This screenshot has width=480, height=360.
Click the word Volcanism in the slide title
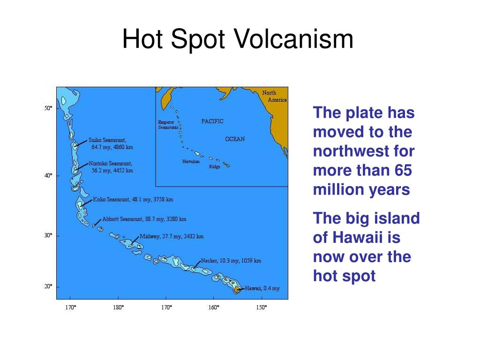pyautogui.click(x=293, y=39)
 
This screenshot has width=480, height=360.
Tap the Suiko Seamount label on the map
pyautogui.click(x=111, y=143)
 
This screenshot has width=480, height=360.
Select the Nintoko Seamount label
pyautogui.click(x=111, y=167)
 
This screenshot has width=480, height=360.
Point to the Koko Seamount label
pyautogui.click(x=133, y=199)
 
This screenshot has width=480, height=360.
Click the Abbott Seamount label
pyautogui.click(x=144, y=219)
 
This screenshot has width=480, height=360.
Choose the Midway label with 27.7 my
pyautogui.click(x=172, y=236)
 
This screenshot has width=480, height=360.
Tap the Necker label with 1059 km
pyautogui.click(x=231, y=261)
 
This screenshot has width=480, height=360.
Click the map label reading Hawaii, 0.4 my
pyautogui.click(x=262, y=288)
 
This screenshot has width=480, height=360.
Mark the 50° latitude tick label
pyautogui.click(x=48, y=108)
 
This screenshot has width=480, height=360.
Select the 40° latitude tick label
pyautogui.click(x=48, y=176)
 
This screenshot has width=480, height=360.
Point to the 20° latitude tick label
pyautogui.click(x=48, y=286)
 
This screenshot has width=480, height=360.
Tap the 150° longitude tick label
pyautogui.click(x=261, y=307)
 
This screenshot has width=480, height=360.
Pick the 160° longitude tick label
pyautogui.click(x=213, y=307)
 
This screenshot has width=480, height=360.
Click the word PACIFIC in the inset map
pyautogui.click(x=212, y=121)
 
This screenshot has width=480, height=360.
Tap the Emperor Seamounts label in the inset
pyautogui.click(x=166, y=125)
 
